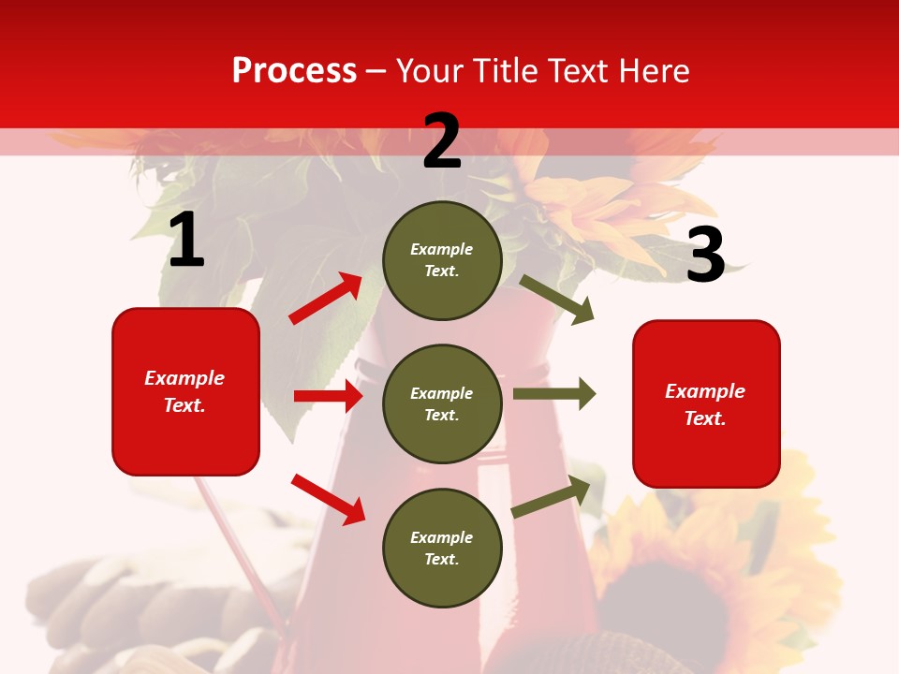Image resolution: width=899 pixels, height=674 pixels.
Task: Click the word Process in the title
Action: (294, 70)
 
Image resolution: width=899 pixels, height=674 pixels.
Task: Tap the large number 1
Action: (185, 241)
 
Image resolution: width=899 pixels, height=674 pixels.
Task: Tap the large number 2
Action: (441, 141)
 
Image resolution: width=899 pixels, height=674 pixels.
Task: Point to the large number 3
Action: (705, 256)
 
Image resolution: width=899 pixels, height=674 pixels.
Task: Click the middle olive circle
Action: (442, 403)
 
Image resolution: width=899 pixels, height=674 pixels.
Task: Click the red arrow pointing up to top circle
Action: (326, 299)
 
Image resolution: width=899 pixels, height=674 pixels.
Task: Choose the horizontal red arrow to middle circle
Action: (328, 396)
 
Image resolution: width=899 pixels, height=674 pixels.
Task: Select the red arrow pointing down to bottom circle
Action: (328, 498)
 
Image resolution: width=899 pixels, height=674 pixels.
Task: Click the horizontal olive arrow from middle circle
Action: (553, 393)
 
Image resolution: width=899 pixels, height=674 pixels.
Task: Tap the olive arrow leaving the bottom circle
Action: (552, 497)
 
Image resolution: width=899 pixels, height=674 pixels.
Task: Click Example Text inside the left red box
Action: (184, 391)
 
